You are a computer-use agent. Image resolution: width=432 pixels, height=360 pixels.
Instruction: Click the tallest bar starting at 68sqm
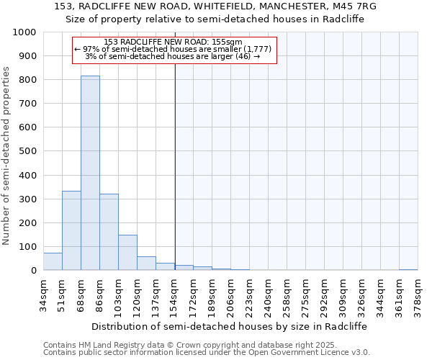90,173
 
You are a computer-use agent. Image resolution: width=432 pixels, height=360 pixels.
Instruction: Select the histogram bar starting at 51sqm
71,230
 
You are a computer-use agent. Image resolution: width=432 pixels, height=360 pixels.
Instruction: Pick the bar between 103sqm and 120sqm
127,253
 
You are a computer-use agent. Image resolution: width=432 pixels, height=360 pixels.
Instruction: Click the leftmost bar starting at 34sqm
53,261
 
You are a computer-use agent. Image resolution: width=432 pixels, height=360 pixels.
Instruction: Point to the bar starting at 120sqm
146,264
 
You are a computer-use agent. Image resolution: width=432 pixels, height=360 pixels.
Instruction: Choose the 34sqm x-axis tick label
44,294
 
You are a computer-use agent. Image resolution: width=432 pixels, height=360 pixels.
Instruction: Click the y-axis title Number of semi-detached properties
7,156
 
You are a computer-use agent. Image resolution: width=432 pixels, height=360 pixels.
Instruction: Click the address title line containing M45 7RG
216,6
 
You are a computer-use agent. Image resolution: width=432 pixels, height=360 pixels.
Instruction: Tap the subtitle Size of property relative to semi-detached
216,19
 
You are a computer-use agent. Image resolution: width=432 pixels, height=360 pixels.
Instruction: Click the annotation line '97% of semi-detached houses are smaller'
173,49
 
